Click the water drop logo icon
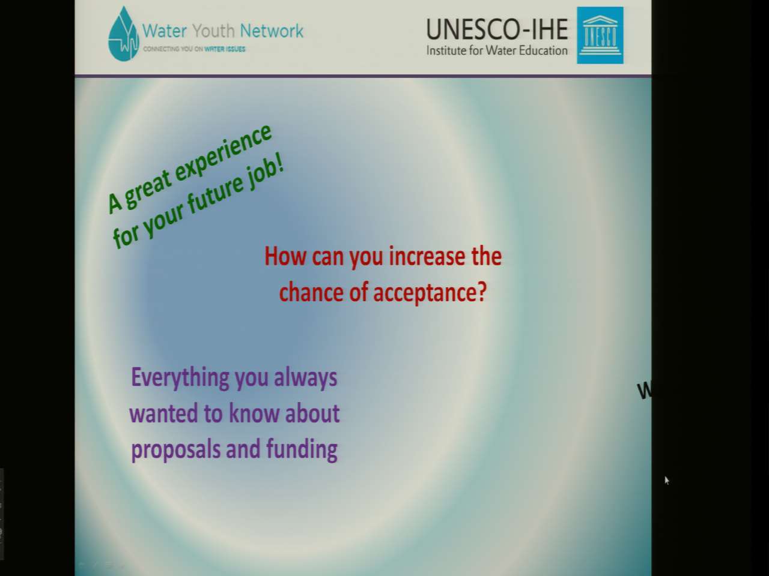(x=123, y=34)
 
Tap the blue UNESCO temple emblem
(x=600, y=35)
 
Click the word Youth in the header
(x=213, y=31)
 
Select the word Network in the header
(x=272, y=31)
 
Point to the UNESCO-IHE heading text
(x=497, y=29)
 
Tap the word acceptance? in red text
(x=430, y=293)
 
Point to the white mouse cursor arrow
(x=667, y=481)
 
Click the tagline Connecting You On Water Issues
(x=194, y=49)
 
